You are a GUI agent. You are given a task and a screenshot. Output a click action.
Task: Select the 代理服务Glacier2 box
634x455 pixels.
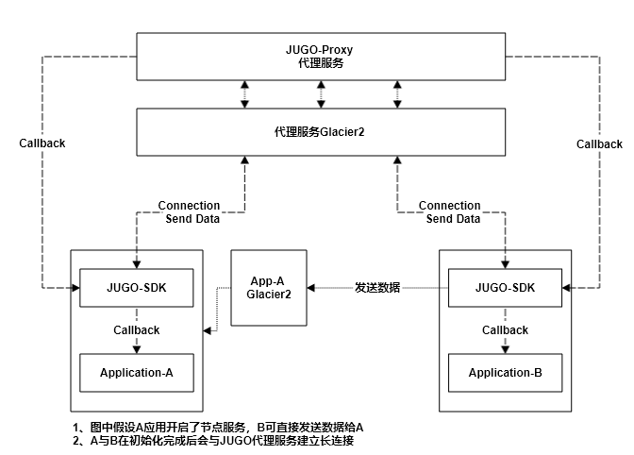point(320,132)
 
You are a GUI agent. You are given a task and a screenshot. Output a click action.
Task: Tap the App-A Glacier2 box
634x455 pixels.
point(269,287)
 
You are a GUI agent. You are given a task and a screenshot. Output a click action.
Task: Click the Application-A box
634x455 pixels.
point(137,372)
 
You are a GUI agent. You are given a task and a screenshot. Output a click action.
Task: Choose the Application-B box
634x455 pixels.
point(506,372)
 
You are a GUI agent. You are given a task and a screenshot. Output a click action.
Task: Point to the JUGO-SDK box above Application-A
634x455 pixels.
point(137,287)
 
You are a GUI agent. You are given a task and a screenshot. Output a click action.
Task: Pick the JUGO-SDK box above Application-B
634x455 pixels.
point(506,287)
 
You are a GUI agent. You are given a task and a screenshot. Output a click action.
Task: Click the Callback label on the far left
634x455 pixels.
point(42,143)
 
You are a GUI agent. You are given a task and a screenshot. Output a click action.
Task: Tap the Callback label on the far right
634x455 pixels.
point(600,143)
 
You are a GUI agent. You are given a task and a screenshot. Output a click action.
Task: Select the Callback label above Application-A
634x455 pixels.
point(137,330)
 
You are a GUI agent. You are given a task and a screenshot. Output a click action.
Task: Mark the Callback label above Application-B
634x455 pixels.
point(506,330)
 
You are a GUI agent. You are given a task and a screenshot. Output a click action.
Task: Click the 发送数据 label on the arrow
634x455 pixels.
point(377,287)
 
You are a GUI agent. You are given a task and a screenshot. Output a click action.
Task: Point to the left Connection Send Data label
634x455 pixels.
point(189,212)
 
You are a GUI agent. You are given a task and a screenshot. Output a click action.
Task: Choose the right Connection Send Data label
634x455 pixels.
point(450,212)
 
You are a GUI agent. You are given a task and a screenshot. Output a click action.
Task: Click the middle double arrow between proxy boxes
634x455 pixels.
point(320,94)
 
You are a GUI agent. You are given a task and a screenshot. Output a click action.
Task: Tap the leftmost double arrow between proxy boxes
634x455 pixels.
point(244,94)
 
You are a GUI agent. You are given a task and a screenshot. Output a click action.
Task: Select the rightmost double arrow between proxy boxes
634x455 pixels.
point(395,94)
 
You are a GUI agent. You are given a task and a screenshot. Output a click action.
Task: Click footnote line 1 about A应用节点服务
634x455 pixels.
point(218,427)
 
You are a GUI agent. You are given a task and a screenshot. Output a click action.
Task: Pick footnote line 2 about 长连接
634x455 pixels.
point(212,440)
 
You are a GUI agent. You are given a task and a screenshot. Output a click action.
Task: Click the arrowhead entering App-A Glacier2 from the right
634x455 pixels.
point(312,287)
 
